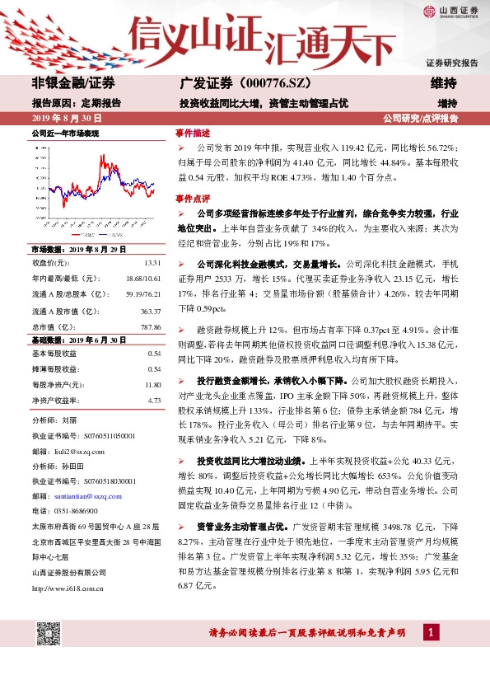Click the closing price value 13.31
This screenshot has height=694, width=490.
click(x=152, y=263)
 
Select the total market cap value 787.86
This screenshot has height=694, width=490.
click(x=150, y=326)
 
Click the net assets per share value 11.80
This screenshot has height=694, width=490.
click(x=152, y=385)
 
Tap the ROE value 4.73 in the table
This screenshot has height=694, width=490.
click(x=154, y=401)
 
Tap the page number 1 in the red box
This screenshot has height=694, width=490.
click(x=430, y=632)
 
